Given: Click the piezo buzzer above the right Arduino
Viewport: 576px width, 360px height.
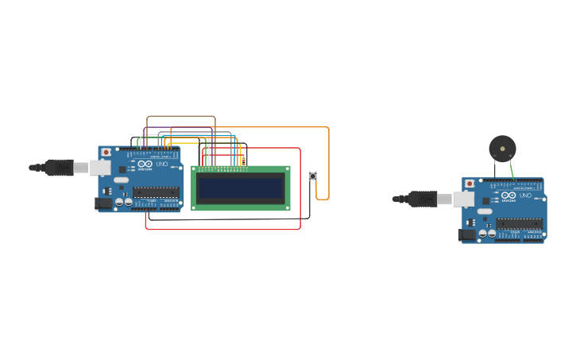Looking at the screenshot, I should [502, 148].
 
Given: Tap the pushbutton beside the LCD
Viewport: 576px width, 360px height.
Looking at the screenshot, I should [313, 176].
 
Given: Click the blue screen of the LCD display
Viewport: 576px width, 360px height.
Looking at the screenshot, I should [241, 188].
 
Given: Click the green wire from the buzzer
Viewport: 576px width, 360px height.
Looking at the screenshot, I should [512, 169].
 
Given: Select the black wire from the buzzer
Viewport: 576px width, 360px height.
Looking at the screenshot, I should [495, 169].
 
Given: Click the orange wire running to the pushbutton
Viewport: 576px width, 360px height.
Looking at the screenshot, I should [328, 159].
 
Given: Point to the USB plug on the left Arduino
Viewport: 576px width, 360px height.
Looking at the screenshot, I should [60, 167].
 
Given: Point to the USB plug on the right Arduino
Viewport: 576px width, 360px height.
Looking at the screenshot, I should [422, 198].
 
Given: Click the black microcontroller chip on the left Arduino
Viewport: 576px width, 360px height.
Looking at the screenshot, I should [156, 192].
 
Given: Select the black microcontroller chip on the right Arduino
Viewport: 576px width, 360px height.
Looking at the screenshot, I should [520, 223].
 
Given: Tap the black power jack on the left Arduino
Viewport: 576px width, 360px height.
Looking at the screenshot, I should [103, 203].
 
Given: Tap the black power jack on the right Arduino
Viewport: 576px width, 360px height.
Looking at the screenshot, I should [467, 235].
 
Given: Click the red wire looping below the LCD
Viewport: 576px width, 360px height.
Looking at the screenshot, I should [222, 229].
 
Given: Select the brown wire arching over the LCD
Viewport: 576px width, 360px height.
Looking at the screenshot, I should [181, 117].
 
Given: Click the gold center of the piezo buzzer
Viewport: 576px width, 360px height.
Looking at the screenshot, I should [502, 148].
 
